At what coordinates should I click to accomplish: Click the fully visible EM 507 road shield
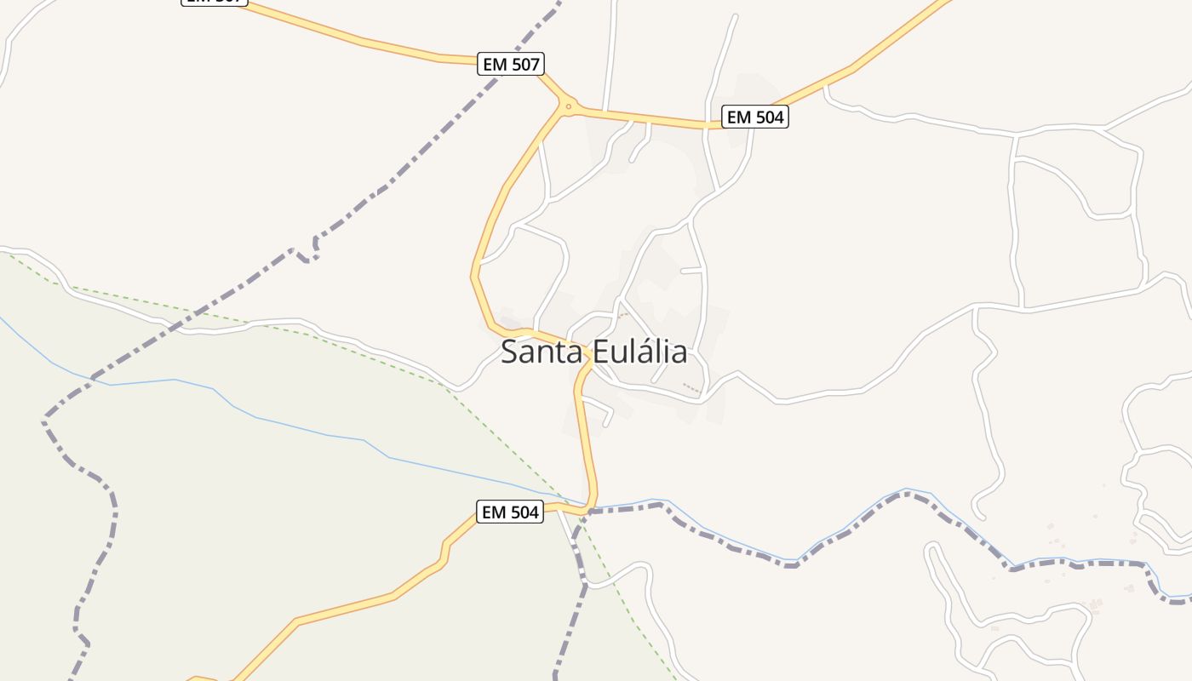[x=510, y=64]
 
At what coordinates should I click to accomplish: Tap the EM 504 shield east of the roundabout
[x=755, y=117]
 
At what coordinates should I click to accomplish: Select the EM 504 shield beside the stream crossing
[x=509, y=512]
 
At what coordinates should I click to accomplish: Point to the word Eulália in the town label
[x=639, y=352]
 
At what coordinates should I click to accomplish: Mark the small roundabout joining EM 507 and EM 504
[x=568, y=106]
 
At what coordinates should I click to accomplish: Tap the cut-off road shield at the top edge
[x=215, y=2]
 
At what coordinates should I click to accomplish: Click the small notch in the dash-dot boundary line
[x=307, y=253]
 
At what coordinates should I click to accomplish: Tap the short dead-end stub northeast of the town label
[x=692, y=271]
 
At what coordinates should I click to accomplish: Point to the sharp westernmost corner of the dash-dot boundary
[x=44, y=419]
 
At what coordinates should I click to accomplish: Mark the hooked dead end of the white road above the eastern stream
[x=978, y=515]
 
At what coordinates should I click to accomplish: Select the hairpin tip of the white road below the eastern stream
[x=931, y=547]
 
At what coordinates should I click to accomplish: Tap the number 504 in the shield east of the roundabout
[x=769, y=117]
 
